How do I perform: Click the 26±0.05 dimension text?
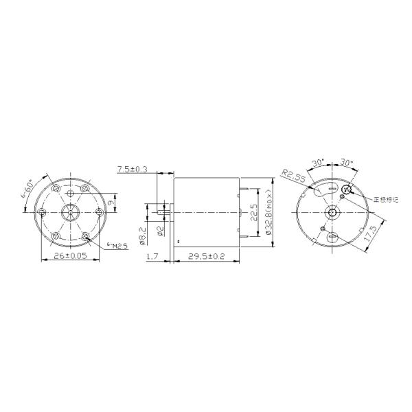coord(70,255)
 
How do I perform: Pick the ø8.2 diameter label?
coord(143,233)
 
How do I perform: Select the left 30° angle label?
coord(317,163)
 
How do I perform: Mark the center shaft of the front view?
coord(70,211)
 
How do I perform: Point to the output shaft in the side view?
coord(163,211)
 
